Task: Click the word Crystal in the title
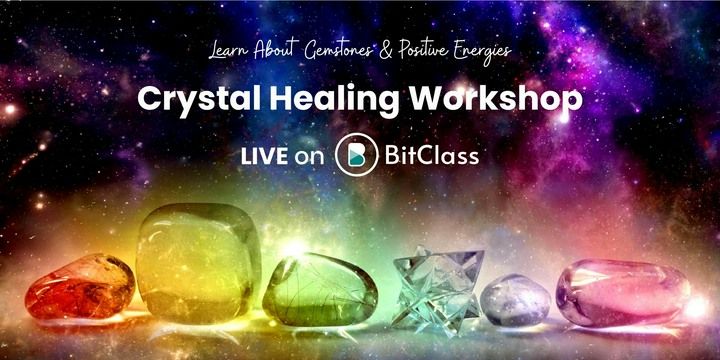pyautogui.click(x=191, y=100)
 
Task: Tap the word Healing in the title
pyautogui.click(x=313, y=100)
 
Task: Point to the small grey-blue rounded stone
pyautogui.click(x=515, y=299)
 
